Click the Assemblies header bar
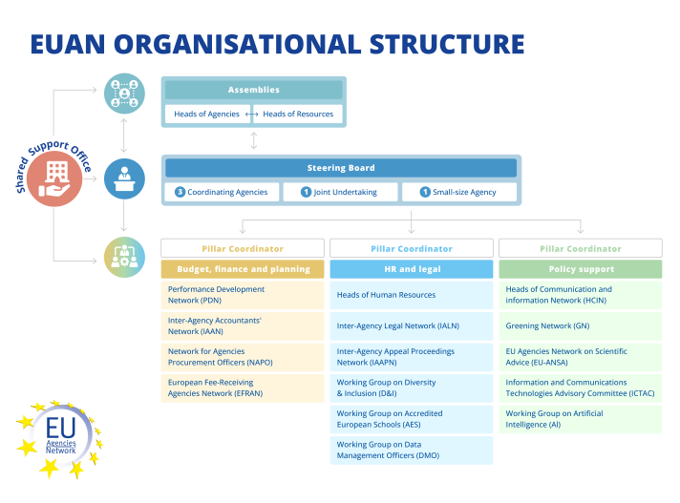coord(253,90)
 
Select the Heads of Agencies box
coord(206,115)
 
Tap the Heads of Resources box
coord(298,115)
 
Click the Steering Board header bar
coord(341,168)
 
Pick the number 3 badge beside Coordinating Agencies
coord(180,192)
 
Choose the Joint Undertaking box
coord(340,192)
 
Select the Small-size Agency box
coord(458,192)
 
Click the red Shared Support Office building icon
coord(54,178)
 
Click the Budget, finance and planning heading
coord(244,269)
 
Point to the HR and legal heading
coord(412,269)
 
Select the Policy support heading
coord(580,269)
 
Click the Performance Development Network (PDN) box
coord(243,295)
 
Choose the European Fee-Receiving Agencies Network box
coord(243,388)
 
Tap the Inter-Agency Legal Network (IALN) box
coord(412,325)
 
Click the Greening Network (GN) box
coord(580,325)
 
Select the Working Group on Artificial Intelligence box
coord(580,419)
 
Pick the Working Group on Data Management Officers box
coord(412,450)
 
